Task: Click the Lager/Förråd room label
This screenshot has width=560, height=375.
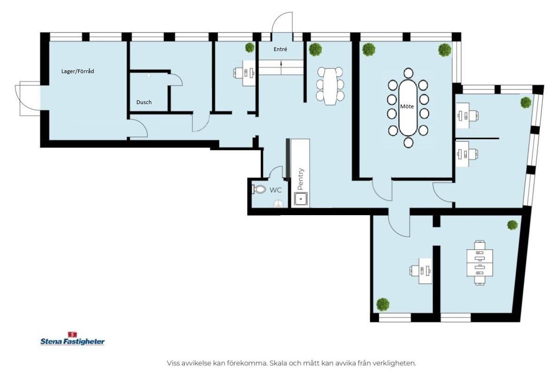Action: [x=77, y=71]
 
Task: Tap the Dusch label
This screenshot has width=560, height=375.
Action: [x=144, y=102]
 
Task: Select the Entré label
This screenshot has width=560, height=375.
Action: [x=280, y=49]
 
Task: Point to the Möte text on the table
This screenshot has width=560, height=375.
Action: [x=407, y=106]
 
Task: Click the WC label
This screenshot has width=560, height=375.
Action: [x=276, y=190]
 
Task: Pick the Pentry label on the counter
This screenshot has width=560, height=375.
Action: [x=300, y=179]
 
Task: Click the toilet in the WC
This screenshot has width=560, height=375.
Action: [x=259, y=189]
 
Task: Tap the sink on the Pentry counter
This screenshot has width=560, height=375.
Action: [x=301, y=199]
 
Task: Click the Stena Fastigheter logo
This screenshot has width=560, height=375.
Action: [x=73, y=339]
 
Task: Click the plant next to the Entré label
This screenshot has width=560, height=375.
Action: [x=250, y=47]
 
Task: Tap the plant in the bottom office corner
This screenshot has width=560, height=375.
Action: [x=382, y=304]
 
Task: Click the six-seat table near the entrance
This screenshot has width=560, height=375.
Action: [x=330, y=86]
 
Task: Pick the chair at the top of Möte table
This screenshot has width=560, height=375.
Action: [x=408, y=73]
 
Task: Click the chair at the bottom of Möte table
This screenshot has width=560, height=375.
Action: [x=408, y=142]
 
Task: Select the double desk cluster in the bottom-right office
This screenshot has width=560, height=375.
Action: [x=480, y=263]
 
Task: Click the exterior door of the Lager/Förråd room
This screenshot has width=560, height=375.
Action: [x=28, y=98]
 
